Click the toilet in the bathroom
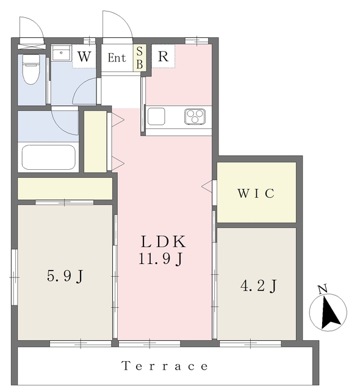click(x=31, y=69)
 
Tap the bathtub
click(x=49, y=158)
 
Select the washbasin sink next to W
click(x=61, y=53)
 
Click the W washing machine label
click(x=84, y=56)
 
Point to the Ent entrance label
click(x=117, y=58)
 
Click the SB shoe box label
click(x=140, y=58)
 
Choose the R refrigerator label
click(x=163, y=56)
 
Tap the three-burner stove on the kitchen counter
click(x=195, y=117)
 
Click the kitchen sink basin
click(x=156, y=117)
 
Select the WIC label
click(x=256, y=193)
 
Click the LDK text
click(x=164, y=241)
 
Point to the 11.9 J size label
click(x=161, y=258)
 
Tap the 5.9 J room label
click(x=65, y=276)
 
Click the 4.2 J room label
click(x=259, y=286)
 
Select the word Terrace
click(x=165, y=366)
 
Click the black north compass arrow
click(x=330, y=312)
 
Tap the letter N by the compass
click(x=323, y=289)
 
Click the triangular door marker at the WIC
click(x=207, y=186)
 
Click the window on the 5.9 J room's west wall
click(x=15, y=277)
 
